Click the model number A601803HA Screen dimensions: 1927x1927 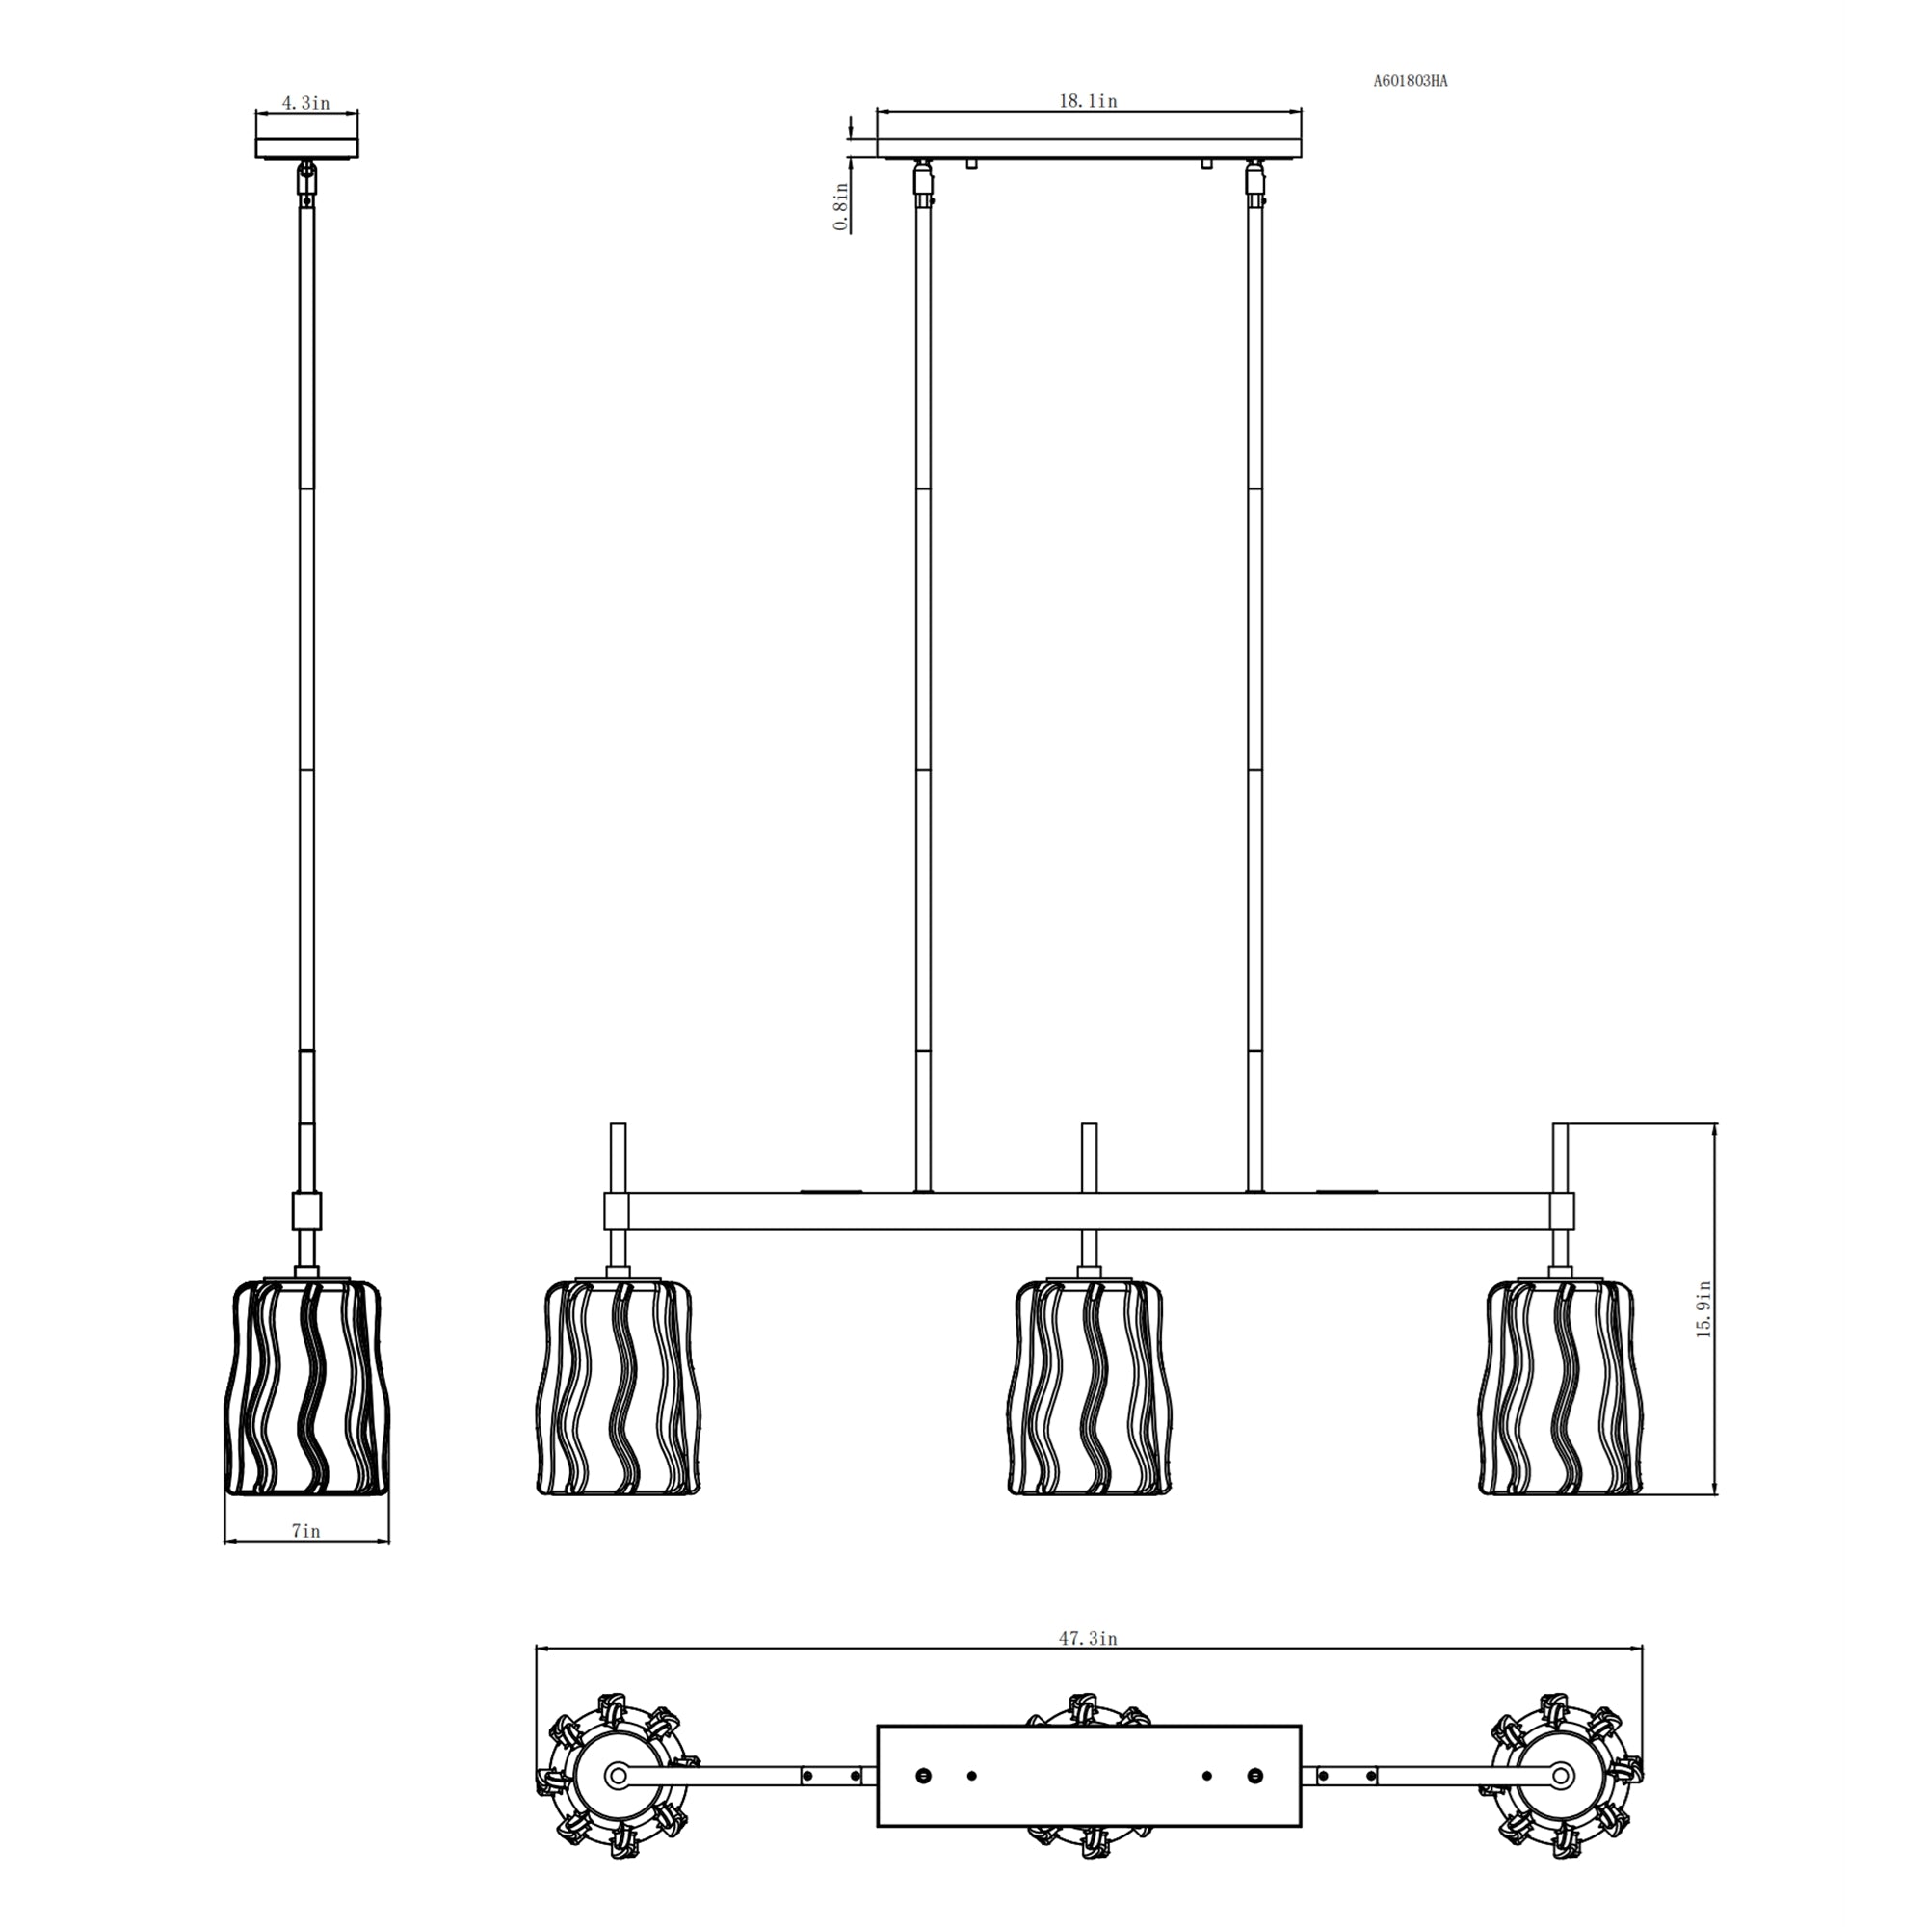point(1411,82)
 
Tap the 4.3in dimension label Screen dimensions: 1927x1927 point(306,104)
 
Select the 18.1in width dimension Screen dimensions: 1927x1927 point(1088,102)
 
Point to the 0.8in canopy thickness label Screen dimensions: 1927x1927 point(842,206)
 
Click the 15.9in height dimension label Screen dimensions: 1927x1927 point(1704,1309)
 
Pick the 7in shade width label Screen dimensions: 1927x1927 point(306,1531)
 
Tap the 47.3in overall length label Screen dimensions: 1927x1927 point(1088,1638)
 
